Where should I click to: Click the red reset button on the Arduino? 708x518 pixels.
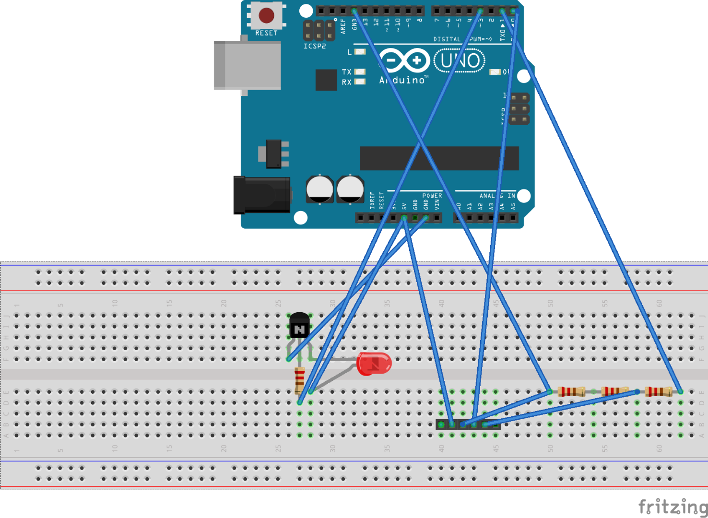266,15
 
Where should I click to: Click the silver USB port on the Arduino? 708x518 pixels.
248,65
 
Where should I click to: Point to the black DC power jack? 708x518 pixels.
262,195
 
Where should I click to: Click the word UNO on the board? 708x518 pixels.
460,61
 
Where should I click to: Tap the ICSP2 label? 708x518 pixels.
315,46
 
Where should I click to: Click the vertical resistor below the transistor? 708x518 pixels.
299,380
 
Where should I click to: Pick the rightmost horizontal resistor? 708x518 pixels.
658,391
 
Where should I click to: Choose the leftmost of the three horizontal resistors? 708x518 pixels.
571,391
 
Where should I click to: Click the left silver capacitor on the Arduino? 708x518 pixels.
319,189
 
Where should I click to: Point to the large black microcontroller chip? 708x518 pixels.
439,158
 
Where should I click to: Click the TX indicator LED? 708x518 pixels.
360,72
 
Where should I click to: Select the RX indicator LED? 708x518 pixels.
360,82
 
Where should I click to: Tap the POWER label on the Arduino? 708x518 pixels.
432,196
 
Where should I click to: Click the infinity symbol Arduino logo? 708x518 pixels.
404,60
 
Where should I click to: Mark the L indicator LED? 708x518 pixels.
360,52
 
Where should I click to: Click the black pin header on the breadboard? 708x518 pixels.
468,424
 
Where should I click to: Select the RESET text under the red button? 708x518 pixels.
266,33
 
